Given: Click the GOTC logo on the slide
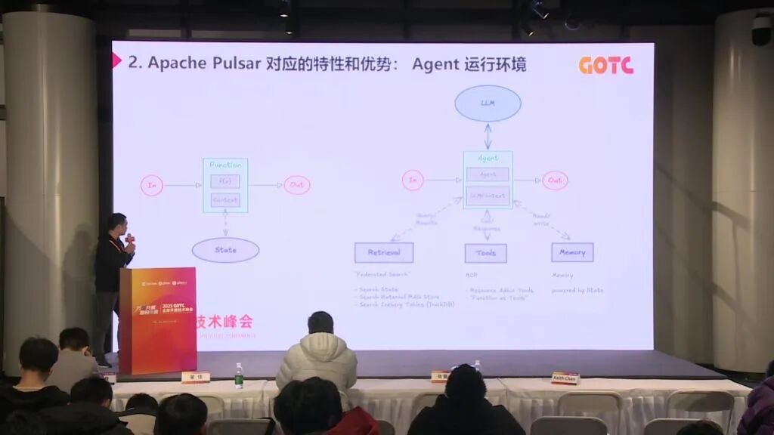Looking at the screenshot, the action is [605, 66].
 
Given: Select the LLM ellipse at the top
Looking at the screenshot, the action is [488, 103].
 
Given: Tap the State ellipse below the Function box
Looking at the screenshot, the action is [225, 250].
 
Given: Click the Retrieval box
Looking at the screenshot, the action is [384, 252].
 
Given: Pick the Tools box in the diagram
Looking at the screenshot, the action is [485, 252].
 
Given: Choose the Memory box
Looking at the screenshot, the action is [572, 252].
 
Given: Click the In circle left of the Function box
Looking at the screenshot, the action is [152, 185].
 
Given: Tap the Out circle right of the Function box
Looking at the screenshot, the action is [297, 185].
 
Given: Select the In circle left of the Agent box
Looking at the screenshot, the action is [413, 180].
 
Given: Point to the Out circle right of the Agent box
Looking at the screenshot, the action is [555, 180].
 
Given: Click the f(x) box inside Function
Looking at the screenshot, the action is [225, 181].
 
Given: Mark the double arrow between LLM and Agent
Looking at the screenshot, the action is [488, 136].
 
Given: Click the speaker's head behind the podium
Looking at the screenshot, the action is [116, 224].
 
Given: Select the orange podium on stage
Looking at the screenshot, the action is [158, 319].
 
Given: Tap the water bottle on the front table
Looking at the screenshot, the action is [239, 375].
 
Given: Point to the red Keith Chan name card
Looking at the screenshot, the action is [565, 378].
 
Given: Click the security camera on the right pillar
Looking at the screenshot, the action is [761, 30].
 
